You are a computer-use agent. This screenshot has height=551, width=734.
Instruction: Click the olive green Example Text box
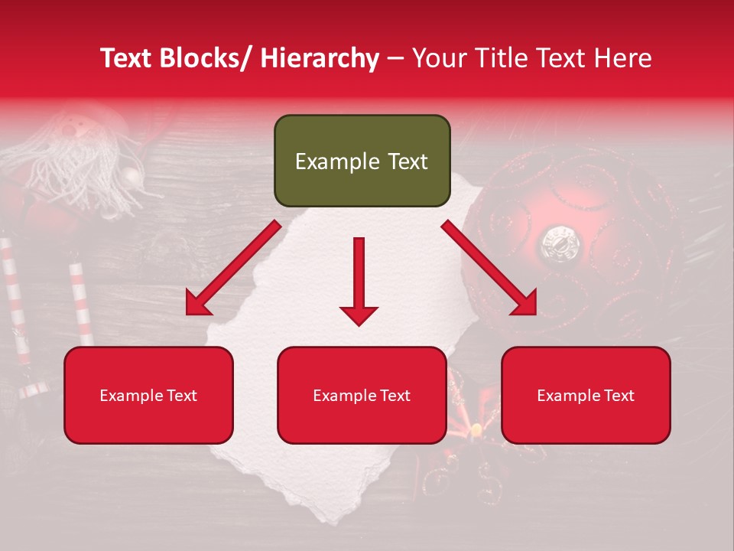(x=362, y=161)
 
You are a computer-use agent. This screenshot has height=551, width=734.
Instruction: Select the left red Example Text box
(x=148, y=396)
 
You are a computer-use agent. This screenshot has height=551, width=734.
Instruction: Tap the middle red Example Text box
(x=362, y=396)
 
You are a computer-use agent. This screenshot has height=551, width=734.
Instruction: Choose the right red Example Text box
(x=586, y=396)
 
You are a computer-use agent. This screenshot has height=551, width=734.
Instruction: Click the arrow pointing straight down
(x=359, y=280)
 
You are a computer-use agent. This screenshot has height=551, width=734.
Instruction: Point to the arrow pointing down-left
(x=232, y=268)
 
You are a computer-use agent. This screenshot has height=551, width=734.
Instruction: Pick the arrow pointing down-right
(x=489, y=268)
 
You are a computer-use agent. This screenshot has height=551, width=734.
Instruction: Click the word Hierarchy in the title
(x=320, y=58)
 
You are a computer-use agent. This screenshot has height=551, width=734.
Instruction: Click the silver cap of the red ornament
(x=561, y=243)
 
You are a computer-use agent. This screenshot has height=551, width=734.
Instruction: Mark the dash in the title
(x=395, y=58)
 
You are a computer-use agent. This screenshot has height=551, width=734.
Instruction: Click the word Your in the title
(x=438, y=58)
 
